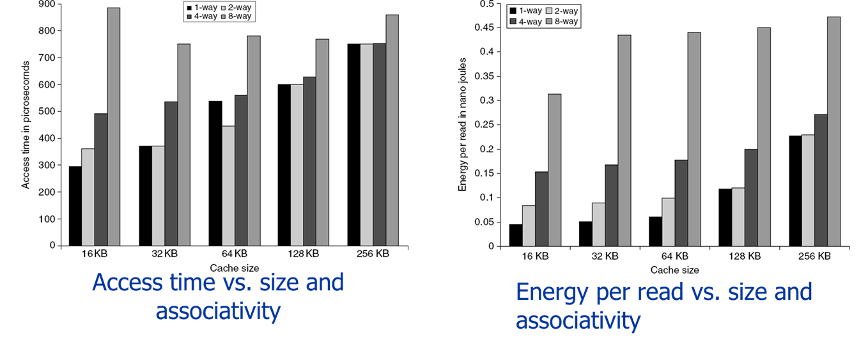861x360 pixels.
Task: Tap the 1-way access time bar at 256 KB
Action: [353, 145]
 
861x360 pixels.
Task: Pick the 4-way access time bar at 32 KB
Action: [171, 173]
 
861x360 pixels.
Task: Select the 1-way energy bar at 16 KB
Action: [516, 235]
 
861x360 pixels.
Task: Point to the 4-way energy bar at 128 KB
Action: [751, 198]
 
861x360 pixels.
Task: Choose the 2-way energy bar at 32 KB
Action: [598, 224]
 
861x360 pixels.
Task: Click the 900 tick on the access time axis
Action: [47, 4]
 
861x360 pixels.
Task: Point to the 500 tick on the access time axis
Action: [47, 111]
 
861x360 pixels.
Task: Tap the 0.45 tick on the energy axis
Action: [487, 27]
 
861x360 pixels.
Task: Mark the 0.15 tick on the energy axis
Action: [487, 173]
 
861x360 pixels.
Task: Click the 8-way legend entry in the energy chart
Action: [562, 22]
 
